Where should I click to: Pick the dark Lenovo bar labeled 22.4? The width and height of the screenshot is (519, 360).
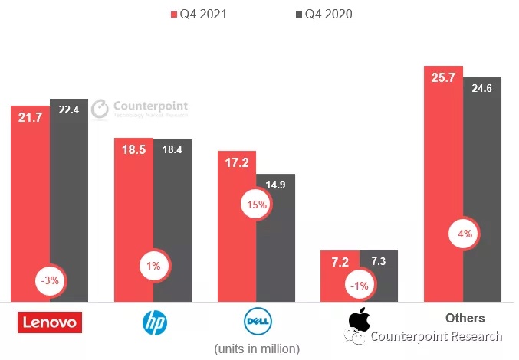pyautogui.click(x=69, y=199)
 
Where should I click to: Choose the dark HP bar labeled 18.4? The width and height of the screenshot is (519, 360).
pyautogui.click(x=172, y=222)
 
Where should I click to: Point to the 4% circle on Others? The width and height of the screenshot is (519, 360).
pyautogui.click(x=465, y=234)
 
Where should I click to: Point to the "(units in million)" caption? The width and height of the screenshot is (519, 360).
pyautogui.click(x=256, y=349)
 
